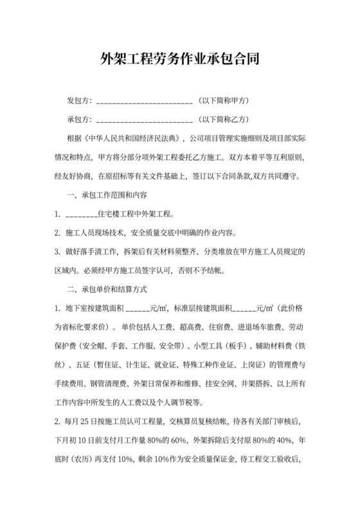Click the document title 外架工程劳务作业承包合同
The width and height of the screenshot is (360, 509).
[x=180, y=61]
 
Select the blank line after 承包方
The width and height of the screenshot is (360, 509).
[x=143, y=120]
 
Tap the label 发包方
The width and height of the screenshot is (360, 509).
[x=79, y=102]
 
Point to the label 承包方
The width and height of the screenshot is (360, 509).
[x=79, y=119]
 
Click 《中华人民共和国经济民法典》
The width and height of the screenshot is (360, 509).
[x=132, y=138]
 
